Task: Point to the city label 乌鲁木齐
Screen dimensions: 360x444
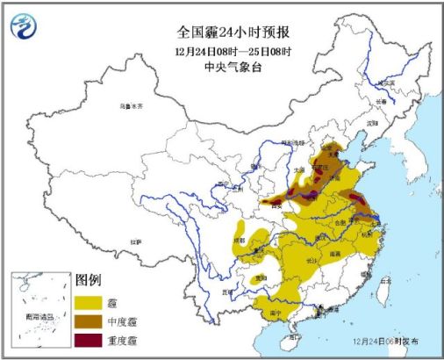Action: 130,107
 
